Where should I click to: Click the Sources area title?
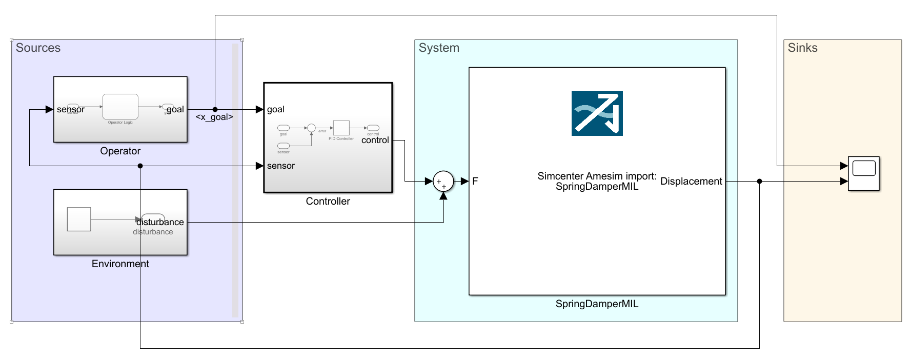tap(38, 48)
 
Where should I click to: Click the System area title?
tap(439, 48)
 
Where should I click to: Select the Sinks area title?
tap(802, 48)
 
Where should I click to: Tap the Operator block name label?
tap(120, 151)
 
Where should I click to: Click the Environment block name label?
tap(120, 264)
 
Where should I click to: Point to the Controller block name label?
tap(328, 201)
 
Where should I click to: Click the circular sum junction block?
tap(443, 181)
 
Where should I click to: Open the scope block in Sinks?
tap(863, 173)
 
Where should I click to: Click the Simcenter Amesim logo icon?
tap(597, 113)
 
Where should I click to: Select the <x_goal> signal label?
tap(214, 117)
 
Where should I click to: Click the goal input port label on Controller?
tap(276, 109)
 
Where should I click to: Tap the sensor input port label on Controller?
tap(281, 166)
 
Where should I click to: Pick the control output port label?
tap(375, 140)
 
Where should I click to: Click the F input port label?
tap(475, 181)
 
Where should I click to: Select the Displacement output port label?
tap(691, 181)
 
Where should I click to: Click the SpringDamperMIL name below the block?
tap(597, 304)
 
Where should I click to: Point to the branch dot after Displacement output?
tap(759, 181)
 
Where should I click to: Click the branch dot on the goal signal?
tap(215, 109)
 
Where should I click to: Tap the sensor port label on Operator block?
tap(71, 109)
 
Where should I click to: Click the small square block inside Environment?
tap(79, 219)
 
